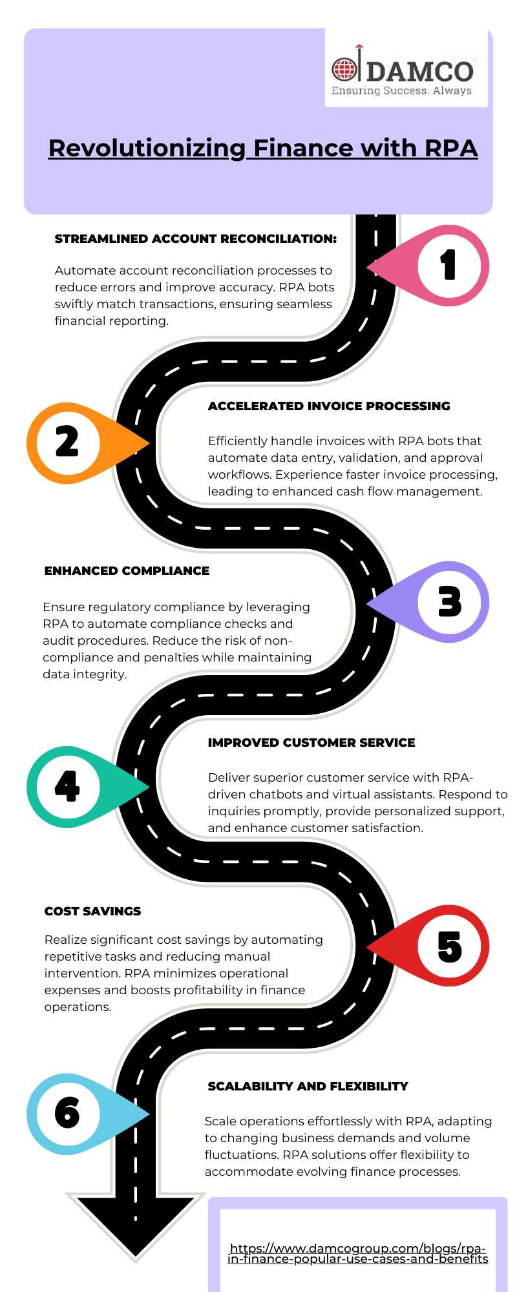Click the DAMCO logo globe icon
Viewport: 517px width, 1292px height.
tap(344, 68)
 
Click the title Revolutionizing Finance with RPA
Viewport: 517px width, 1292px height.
tap(263, 148)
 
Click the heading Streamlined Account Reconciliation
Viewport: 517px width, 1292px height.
tap(196, 239)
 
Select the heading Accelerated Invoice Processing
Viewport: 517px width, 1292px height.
tap(329, 406)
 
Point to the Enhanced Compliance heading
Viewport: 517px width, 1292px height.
tap(127, 571)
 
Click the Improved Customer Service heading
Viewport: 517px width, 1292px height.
tap(311, 743)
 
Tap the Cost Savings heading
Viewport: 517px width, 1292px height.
tap(92, 912)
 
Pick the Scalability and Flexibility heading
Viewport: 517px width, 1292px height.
tap(308, 1087)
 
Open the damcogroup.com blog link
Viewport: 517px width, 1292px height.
tap(358, 1254)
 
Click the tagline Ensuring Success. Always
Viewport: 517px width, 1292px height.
tap(401, 91)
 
